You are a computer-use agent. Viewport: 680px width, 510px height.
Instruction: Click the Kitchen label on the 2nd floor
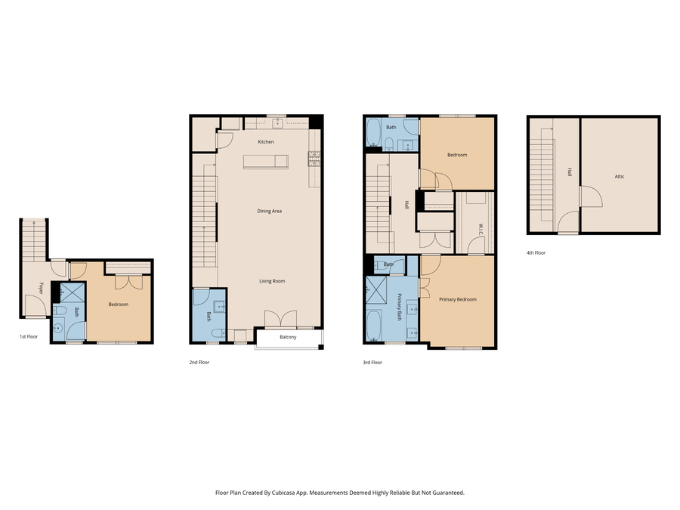(265, 142)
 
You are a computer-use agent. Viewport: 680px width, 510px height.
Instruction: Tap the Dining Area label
(269, 211)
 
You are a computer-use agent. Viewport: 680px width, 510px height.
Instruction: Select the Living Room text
(272, 281)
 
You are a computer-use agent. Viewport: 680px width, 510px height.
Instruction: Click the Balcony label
(288, 337)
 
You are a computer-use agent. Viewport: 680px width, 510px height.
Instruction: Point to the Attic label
(620, 177)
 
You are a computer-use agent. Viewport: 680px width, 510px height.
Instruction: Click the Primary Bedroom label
(458, 299)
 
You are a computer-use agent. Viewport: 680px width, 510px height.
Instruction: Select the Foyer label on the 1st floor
(41, 287)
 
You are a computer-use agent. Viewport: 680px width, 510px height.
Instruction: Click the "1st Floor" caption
(29, 337)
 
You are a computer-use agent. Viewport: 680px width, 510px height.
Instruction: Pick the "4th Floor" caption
(536, 253)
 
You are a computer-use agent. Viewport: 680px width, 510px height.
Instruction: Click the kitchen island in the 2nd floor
(265, 162)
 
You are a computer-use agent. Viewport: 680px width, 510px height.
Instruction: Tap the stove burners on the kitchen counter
(314, 159)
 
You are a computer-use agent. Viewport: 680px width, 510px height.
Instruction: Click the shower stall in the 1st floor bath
(73, 292)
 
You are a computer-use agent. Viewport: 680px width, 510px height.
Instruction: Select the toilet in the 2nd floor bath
(217, 332)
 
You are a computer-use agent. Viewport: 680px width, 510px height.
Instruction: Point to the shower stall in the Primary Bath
(376, 289)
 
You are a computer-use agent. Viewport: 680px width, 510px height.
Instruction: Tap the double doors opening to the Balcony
(275, 320)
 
